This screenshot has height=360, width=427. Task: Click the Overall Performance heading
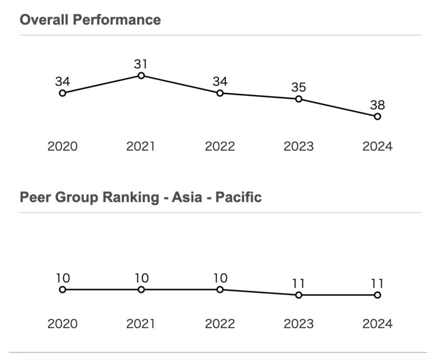[90, 20]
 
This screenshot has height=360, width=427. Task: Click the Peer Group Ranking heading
[140, 198]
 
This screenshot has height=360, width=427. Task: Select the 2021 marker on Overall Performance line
[141, 76]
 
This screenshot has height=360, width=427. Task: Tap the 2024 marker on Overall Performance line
[378, 116]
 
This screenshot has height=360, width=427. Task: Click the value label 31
[141, 64]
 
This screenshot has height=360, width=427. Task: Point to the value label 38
[378, 105]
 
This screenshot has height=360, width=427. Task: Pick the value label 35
[299, 87]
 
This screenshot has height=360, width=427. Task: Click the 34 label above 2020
[62, 81]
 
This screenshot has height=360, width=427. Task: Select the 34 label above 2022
[220, 81]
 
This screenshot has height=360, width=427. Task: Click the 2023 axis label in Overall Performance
[299, 146]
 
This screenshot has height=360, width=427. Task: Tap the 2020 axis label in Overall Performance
[62, 146]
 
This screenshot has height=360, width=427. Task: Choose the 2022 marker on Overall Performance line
[220, 93]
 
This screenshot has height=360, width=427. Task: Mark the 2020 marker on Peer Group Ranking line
[62, 289]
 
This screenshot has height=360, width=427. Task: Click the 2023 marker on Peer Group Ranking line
[299, 295]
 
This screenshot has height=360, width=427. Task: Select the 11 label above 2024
[378, 283]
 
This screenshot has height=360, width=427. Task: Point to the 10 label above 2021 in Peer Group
[141, 278]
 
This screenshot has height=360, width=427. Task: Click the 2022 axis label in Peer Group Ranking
[220, 324]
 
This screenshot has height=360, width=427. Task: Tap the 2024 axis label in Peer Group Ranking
[378, 324]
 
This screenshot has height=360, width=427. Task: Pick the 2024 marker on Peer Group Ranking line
[378, 295]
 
